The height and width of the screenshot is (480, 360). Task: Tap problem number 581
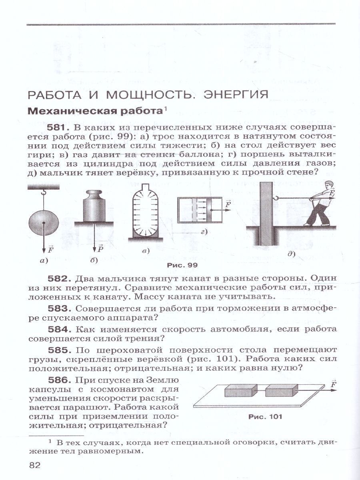point(59,128)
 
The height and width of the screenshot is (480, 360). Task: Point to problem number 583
point(59,308)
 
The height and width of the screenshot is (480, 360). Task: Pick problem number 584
point(59,329)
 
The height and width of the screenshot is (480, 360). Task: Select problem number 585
point(59,349)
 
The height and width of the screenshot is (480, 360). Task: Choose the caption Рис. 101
point(265,416)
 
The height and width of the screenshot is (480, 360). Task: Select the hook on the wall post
point(275,197)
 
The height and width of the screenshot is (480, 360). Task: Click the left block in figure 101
point(239,390)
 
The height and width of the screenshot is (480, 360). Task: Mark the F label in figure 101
point(332,384)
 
